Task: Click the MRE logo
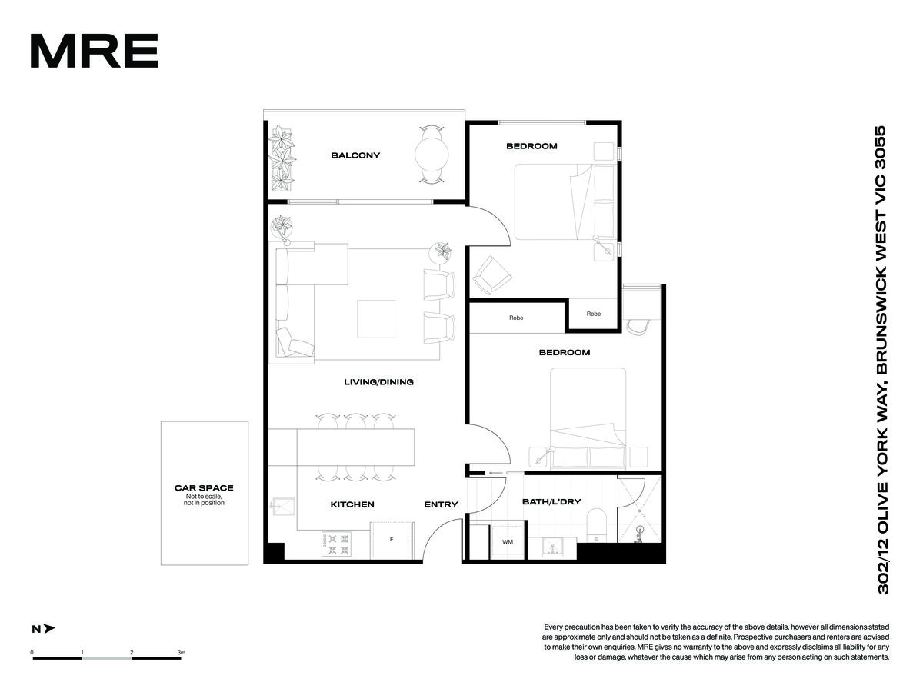[94, 51]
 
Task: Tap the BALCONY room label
[355, 155]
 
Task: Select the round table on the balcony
[432, 155]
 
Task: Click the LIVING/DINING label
[378, 382]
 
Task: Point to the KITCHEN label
[352, 504]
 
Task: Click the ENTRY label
[441, 504]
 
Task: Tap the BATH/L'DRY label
[551, 501]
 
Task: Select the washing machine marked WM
[508, 541]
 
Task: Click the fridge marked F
[392, 541]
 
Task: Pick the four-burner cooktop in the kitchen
[336, 544]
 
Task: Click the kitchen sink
[283, 507]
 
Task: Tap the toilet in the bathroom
[596, 525]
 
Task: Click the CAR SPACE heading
[204, 487]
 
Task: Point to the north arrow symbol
[49, 628]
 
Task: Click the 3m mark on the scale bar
[182, 653]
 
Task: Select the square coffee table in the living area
[376, 318]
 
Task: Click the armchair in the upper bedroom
[491, 275]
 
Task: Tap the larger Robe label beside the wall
[516, 318]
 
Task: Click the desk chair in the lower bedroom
[638, 327]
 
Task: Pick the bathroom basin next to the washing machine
[552, 548]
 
